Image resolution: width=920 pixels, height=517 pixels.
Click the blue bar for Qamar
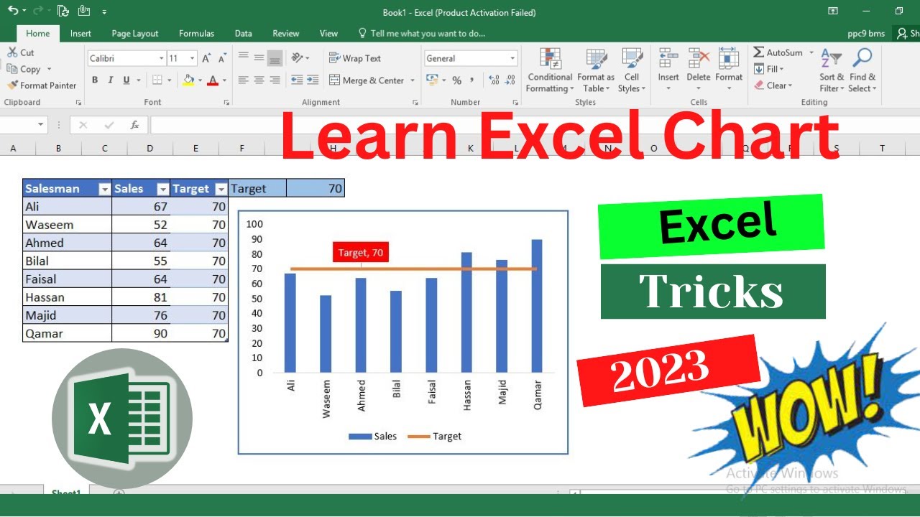[537, 307]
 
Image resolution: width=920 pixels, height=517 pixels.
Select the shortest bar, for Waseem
[326, 334]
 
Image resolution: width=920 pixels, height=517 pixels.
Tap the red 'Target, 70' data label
[361, 252]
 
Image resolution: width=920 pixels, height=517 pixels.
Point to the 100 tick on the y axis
[254, 224]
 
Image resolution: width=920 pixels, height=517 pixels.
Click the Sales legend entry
[372, 436]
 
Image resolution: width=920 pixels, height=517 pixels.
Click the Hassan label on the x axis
[467, 395]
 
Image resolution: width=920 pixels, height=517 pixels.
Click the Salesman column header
[60, 189]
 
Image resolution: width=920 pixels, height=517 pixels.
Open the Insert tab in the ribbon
[80, 34]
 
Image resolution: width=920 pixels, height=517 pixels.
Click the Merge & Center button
[367, 80]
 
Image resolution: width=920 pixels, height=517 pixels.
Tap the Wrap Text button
[355, 58]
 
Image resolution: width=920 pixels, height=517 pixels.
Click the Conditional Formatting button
[550, 72]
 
